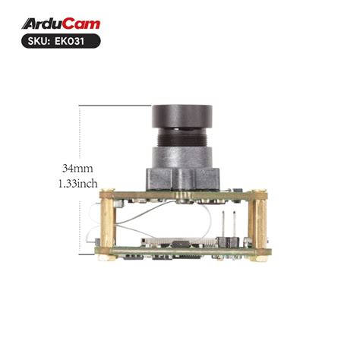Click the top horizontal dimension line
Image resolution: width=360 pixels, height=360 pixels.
click(114, 104)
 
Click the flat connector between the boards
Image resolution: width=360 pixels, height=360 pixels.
click(167, 242)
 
